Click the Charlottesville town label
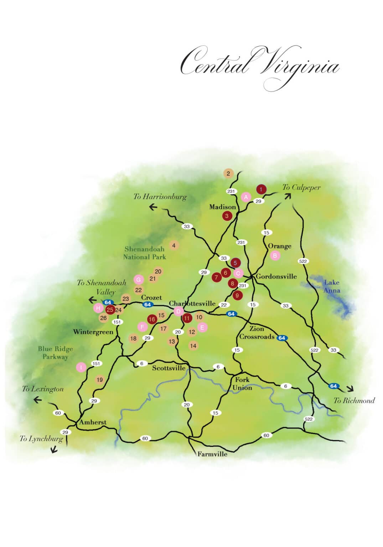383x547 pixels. click(192, 303)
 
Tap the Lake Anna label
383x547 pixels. click(331, 286)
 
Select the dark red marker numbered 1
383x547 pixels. click(261, 189)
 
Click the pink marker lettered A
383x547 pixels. click(245, 197)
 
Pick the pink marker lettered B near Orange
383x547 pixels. click(275, 255)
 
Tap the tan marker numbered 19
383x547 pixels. click(100, 380)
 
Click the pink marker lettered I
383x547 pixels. click(81, 367)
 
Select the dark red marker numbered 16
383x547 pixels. click(152, 319)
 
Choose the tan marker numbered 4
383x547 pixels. click(174, 245)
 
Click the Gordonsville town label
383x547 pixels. click(276, 276)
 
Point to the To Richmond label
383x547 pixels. click(354, 400)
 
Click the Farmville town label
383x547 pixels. click(212, 454)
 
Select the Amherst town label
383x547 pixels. click(93, 422)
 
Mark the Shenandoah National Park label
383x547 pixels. click(144, 253)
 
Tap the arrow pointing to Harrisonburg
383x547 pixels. click(153, 207)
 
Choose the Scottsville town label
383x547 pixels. click(169, 368)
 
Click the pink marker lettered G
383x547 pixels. click(139, 280)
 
